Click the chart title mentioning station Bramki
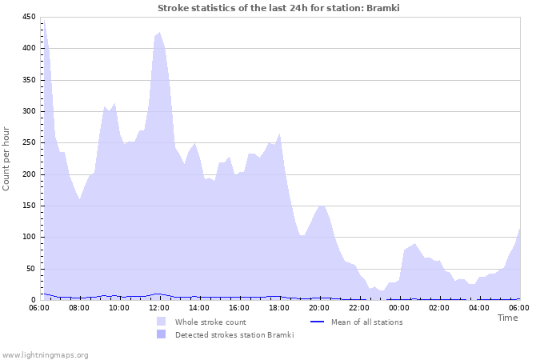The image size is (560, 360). coord(279,8)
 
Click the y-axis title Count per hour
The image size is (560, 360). coord(7,158)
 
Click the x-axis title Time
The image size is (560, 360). coord(507,318)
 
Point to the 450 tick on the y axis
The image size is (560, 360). coord(29,17)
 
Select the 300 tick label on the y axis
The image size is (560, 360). coord(29,111)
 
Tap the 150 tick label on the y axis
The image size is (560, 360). coord(29,206)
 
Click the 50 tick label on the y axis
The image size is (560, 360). coord(31,269)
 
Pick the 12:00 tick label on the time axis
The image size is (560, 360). coord(159,307)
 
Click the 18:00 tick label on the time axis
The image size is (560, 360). coord(279,307)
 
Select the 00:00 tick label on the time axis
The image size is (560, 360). coord(399,307)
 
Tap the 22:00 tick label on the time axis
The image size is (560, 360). coord(359,307)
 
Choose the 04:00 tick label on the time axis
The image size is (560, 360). coord(479,307)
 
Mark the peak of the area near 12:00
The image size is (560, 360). coord(159,33)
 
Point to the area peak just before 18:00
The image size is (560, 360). coord(279,134)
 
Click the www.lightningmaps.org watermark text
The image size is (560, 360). coord(45,354)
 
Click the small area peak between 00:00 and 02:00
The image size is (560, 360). coord(414,244)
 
